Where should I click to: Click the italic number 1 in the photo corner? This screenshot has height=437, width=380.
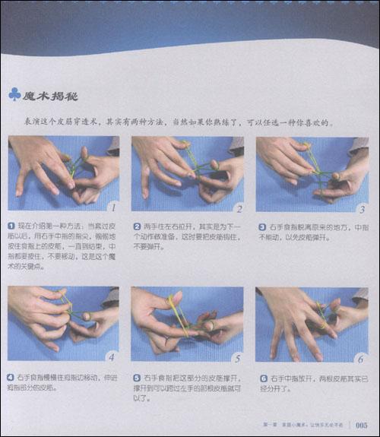(112, 207)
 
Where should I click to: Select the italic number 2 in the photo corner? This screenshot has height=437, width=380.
(237, 207)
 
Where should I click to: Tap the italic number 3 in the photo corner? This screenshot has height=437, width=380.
(362, 207)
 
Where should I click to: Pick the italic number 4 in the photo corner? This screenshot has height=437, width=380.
(112, 356)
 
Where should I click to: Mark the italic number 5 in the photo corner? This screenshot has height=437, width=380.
(237, 356)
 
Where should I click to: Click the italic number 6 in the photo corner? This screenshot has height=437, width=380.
(362, 356)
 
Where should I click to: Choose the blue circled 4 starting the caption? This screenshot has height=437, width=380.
(12, 376)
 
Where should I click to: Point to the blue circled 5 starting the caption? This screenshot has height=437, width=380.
(137, 376)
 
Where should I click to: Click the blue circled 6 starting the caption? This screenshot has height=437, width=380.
(261, 376)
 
